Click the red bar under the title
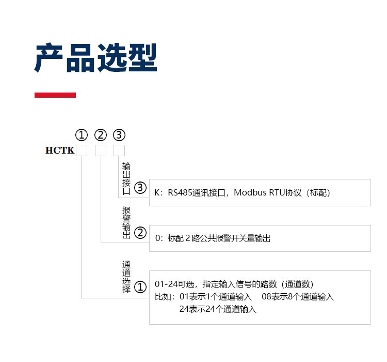(55, 95)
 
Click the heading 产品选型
(95, 57)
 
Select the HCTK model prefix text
(60, 150)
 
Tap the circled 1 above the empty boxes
(82, 135)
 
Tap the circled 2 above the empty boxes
(101, 135)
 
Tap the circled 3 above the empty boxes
(119, 135)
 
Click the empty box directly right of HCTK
(82, 150)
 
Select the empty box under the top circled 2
(101, 150)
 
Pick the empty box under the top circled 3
(119, 150)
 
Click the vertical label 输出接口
(126, 178)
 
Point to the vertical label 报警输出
(126, 222)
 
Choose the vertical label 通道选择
(126, 277)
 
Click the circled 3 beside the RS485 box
(140, 188)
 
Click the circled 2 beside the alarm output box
(140, 233)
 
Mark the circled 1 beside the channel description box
(140, 288)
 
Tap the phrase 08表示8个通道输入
(298, 296)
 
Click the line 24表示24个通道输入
(218, 309)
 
